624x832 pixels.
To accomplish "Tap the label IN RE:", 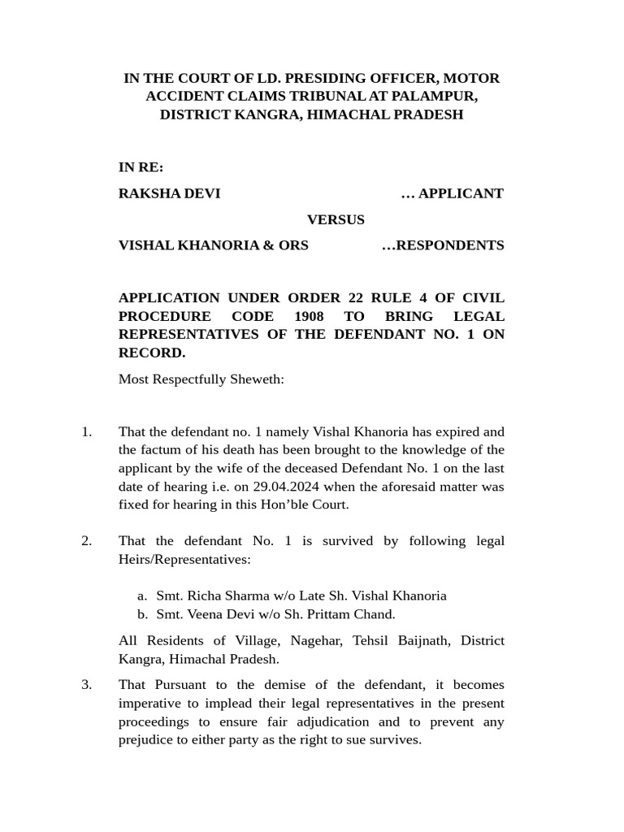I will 141,167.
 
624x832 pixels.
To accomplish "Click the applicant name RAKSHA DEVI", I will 169,193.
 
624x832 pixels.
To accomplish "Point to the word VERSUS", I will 336,219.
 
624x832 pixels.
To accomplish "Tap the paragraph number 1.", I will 86,431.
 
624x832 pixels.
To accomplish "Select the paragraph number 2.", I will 86,541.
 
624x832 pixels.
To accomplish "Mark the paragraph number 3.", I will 86,685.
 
